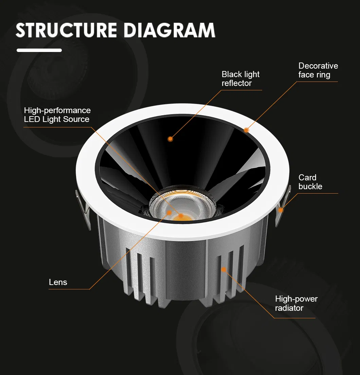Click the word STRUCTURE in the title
click(x=67, y=30)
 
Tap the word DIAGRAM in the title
click(x=170, y=30)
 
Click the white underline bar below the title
click(x=39, y=50)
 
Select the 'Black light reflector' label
click(x=240, y=79)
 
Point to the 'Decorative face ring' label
click(x=318, y=70)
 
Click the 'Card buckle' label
click(x=310, y=182)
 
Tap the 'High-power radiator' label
click(x=296, y=303)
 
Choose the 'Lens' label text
click(x=58, y=282)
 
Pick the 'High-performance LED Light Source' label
click(x=57, y=115)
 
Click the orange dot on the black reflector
click(x=170, y=139)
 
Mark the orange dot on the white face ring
click(x=246, y=130)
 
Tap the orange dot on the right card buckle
click(x=281, y=210)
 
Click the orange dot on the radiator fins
click(x=224, y=270)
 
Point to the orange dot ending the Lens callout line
click(x=169, y=213)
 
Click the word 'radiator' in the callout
click(x=289, y=308)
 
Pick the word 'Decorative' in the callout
click(x=318, y=66)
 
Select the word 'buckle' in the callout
click(x=310, y=186)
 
